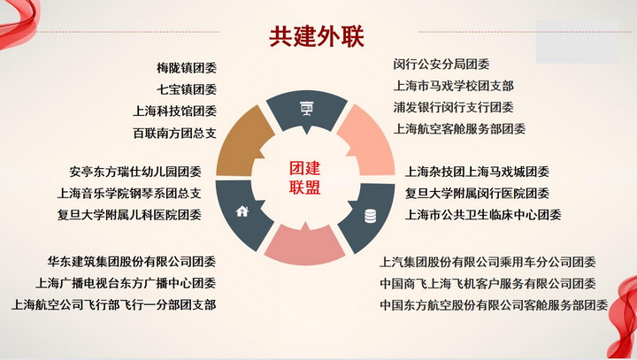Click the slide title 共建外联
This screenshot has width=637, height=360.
(x=317, y=36)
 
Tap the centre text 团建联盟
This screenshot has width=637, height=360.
(x=305, y=178)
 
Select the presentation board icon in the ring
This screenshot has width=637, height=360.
(x=307, y=109)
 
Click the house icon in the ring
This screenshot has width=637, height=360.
(x=242, y=211)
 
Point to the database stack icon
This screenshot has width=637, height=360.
(x=370, y=216)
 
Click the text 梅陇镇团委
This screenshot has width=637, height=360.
(x=187, y=68)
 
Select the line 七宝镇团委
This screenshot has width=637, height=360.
(x=187, y=89)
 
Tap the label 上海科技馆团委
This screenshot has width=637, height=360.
(x=174, y=111)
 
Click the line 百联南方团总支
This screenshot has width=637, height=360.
(x=174, y=133)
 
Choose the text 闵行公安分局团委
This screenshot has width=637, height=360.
(x=441, y=65)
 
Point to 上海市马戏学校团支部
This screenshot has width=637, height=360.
(x=454, y=86)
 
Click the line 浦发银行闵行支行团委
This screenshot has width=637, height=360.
(x=454, y=107)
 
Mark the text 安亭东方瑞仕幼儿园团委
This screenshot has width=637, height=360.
(x=135, y=172)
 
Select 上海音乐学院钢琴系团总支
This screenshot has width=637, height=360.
(x=129, y=193)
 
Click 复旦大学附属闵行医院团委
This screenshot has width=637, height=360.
(x=478, y=193)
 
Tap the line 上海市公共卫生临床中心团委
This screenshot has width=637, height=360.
(x=483, y=215)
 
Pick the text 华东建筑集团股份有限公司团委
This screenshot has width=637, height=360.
(x=132, y=261)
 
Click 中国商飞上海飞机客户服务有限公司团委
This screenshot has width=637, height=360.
(x=487, y=283)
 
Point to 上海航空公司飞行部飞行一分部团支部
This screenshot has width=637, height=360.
(x=114, y=305)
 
